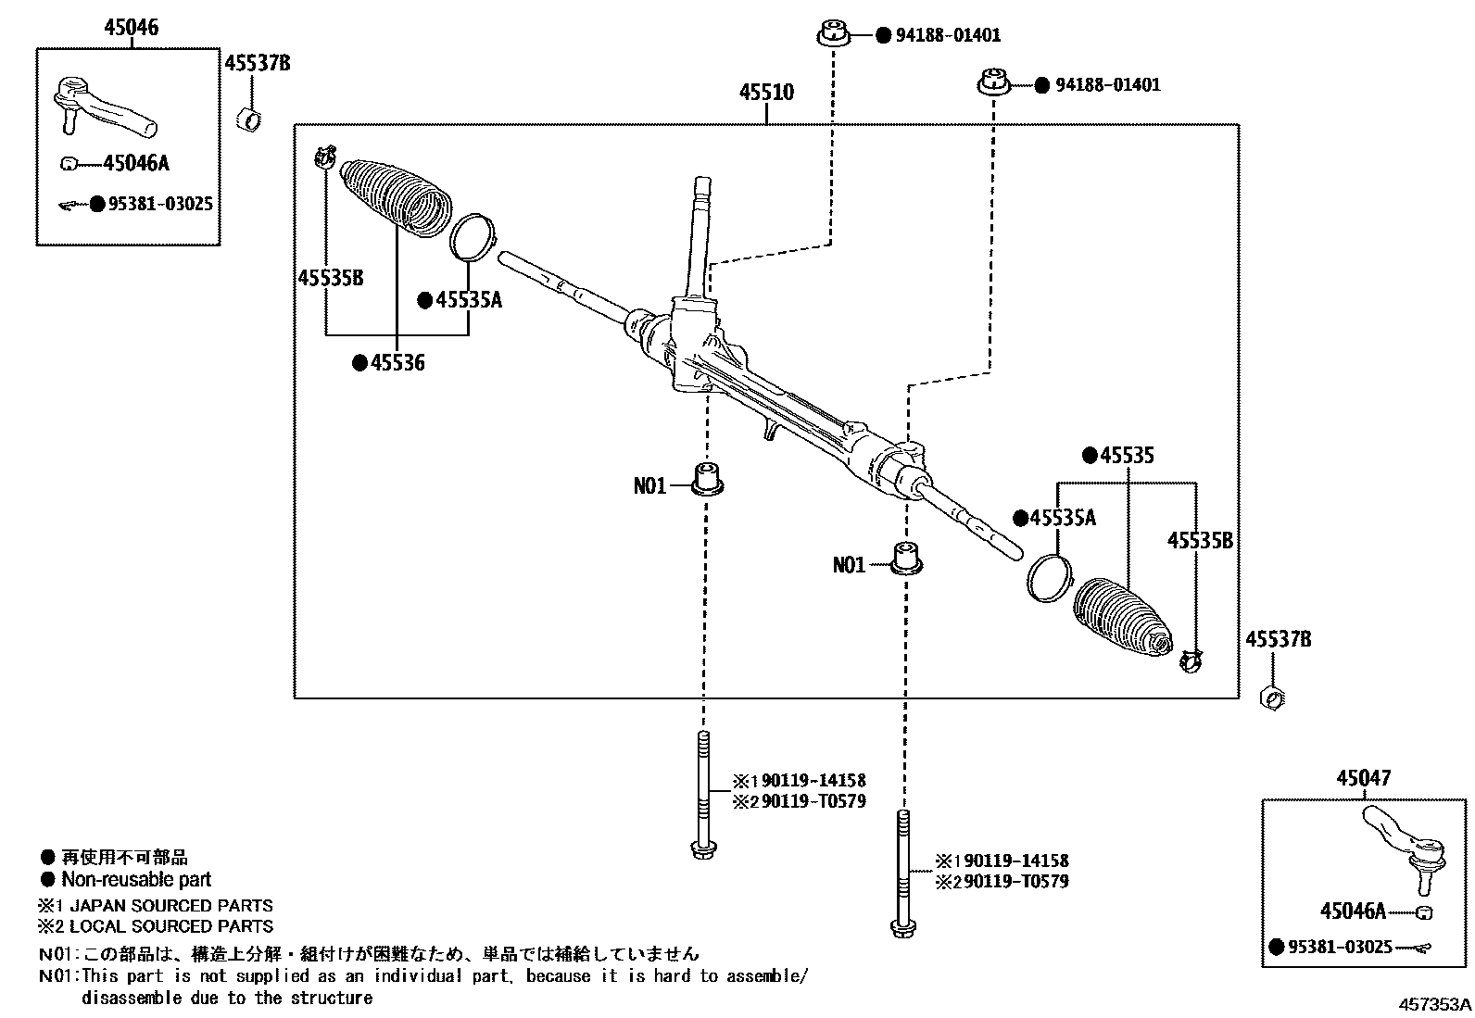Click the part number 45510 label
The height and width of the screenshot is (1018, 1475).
[x=766, y=93]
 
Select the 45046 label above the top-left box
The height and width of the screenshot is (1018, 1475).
[x=131, y=28]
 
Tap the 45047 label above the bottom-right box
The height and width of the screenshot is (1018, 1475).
[x=1363, y=779]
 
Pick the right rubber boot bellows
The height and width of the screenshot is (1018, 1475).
[x=1121, y=619]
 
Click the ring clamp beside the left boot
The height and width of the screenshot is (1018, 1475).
[x=473, y=235]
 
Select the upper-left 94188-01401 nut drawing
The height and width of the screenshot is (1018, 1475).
[x=833, y=36]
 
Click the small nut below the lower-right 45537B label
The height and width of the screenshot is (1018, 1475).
[x=1273, y=697]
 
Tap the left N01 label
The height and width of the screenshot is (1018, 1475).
[x=649, y=486]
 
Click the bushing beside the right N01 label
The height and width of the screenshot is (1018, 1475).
[x=907, y=559]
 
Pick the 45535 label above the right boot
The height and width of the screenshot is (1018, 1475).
[x=1126, y=456]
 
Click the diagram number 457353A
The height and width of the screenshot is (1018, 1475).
[x=1433, y=1003]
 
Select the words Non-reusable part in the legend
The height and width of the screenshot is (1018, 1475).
[x=135, y=880]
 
